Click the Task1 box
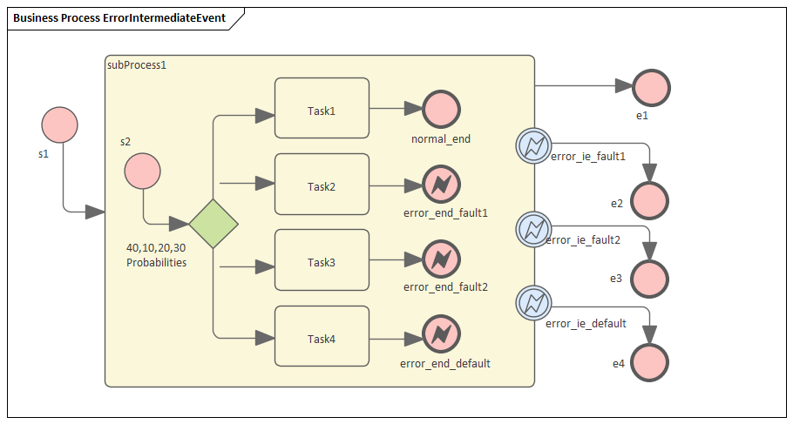coord(322,108)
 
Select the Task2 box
coord(322,184)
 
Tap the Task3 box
coord(322,259)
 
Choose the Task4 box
coord(322,336)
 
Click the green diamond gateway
coord(213,224)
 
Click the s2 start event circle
coord(142,172)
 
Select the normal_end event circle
coord(441,109)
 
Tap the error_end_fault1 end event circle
coord(441,185)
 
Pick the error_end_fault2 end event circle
coord(441,259)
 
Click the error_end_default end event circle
coord(441,334)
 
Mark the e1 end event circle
coord(651,87)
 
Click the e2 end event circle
coord(651,201)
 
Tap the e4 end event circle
coord(650,362)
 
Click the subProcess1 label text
coord(136,65)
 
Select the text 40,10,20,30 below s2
coord(156,247)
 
